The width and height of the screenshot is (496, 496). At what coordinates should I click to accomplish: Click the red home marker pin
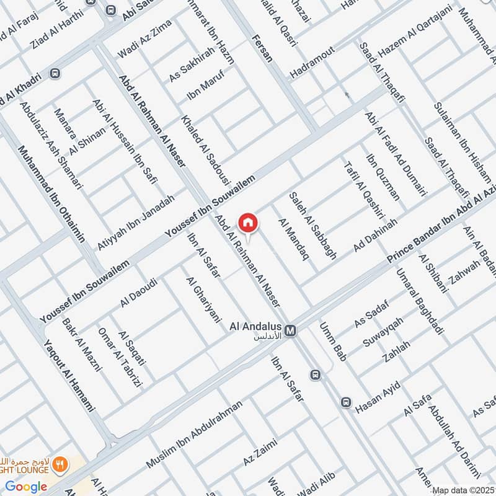pos(248,222)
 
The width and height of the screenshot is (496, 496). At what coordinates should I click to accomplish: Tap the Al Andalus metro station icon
pos(290,332)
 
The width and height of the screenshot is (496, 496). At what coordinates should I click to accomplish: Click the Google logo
pos(27,487)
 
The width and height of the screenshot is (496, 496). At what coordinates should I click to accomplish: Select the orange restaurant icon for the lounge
pos(60,464)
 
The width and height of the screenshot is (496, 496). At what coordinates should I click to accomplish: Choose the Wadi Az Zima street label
pos(144,39)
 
